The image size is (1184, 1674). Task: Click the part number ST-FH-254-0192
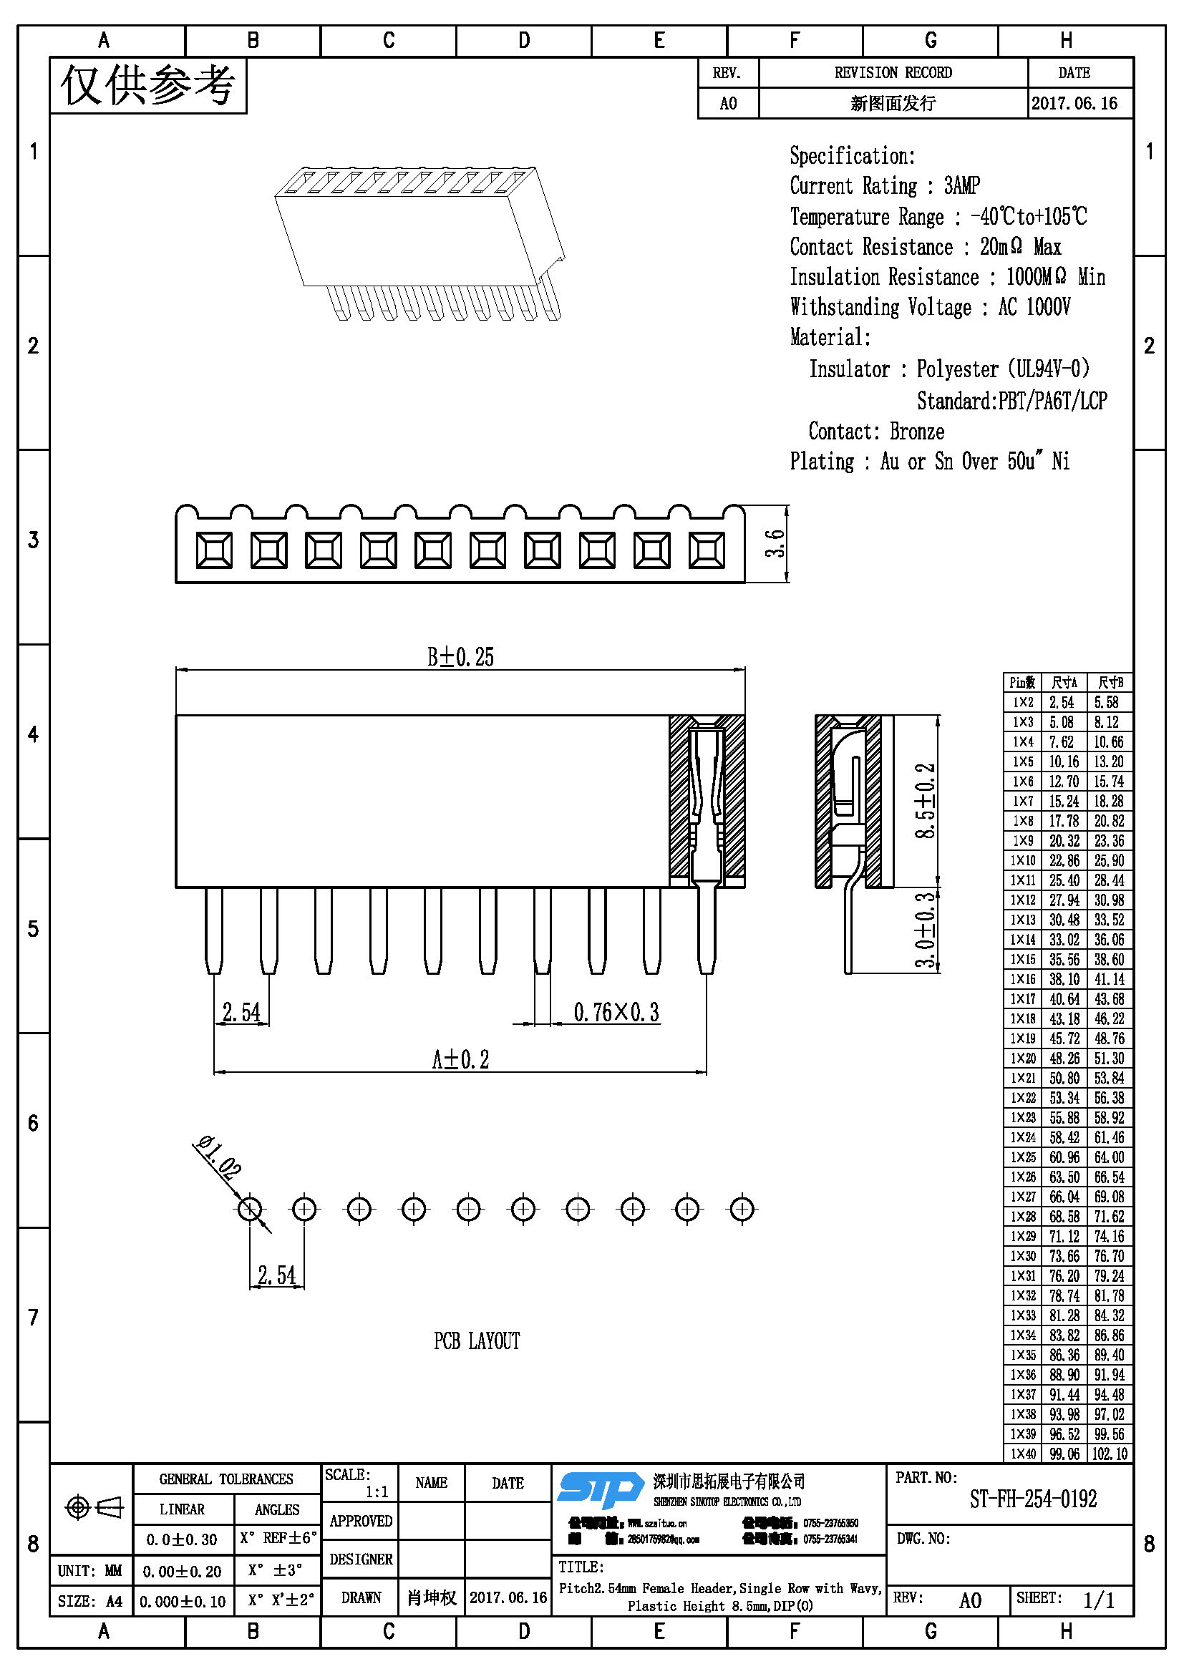[1032, 1499]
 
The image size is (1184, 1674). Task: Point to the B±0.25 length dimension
[460, 657]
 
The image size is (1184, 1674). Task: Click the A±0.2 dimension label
[460, 1059]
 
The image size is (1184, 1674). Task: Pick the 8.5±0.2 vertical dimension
[924, 800]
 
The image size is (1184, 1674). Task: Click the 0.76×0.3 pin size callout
[616, 1012]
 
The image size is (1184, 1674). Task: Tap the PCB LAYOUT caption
[477, 1340]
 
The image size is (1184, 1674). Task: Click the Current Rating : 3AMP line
[884, 186]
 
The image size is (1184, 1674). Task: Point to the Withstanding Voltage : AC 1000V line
[930, 307]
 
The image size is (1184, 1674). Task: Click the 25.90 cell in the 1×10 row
[1108, 860]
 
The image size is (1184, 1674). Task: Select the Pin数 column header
[1022, 683]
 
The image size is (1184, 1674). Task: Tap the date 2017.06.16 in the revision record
[1074, 104]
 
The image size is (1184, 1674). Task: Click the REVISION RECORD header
[893, 73]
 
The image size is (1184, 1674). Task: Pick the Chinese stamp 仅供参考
[148, 86]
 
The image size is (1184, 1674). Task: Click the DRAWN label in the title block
[361, 1597]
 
